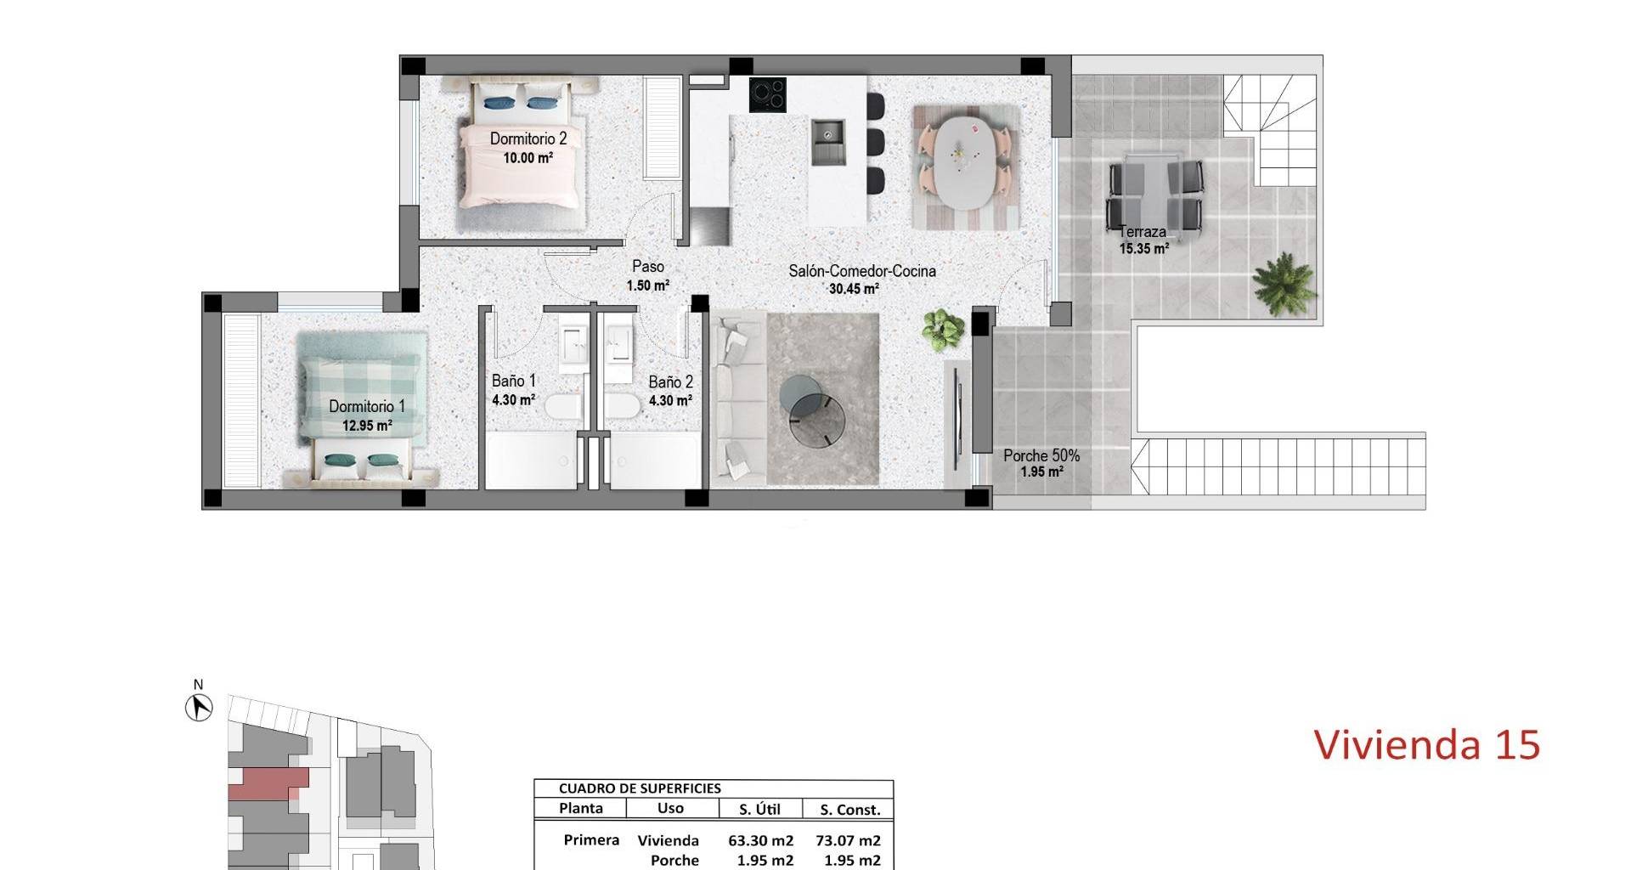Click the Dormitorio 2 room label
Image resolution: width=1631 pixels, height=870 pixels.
point(528,138)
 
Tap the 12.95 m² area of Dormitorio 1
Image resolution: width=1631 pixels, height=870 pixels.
point(367,426)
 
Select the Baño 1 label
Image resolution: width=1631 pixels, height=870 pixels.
point(514,381)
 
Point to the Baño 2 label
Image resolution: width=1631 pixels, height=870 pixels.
point(670,382)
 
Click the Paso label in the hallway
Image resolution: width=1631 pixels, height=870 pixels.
point(648,267)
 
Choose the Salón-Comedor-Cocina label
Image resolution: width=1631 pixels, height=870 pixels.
point(862,271)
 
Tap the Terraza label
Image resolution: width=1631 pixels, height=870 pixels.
point(1142,232)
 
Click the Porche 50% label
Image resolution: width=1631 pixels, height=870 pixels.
point(1041,455)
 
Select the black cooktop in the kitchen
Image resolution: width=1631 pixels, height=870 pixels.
point(767,94)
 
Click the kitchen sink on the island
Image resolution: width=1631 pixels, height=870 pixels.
point(828,143)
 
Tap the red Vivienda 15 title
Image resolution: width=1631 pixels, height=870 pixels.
point(1427,745)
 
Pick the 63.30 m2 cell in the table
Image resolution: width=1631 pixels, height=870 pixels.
point(760,841)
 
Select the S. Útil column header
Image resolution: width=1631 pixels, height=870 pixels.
point(760,810)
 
